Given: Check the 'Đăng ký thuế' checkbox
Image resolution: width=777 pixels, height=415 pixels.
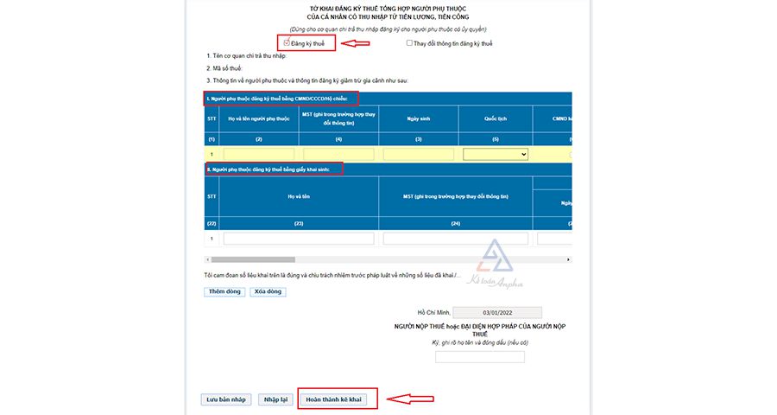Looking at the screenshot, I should point(286,42).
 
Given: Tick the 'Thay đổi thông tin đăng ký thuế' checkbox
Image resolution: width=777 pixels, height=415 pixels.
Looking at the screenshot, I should point(409,42).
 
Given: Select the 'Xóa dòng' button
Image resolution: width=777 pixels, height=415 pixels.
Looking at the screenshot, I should point(268,291).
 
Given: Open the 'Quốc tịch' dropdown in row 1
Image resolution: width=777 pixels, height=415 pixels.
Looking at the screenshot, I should point(496,154).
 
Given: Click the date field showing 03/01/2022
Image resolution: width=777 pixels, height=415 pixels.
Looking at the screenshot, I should point(497,312).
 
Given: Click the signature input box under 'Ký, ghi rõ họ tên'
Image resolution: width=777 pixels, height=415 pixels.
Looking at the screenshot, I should point(479,356).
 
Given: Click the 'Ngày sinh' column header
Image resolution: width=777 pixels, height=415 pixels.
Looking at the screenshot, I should point(419,118).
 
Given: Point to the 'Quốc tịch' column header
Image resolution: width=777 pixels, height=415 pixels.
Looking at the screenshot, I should point(495,118).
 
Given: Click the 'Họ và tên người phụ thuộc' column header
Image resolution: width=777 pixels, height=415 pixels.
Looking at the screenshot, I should point(259,118).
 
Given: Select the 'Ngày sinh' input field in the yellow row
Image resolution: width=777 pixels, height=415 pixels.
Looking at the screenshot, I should point(419,154).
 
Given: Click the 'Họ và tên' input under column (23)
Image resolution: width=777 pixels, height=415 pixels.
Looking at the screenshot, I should point(298,239).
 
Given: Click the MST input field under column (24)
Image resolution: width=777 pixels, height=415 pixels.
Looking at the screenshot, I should point(457,239).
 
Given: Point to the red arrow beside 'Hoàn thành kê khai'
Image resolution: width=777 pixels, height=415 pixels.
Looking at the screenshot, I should point(408,399).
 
